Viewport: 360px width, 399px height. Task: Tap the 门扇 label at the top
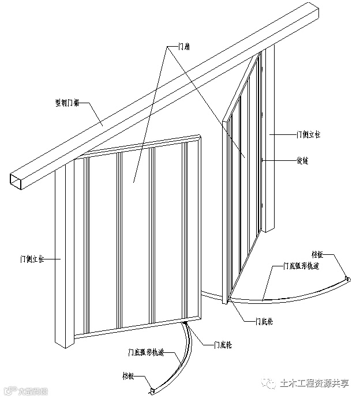[x=179, y=49]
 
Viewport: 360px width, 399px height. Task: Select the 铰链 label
[x=302, y=161]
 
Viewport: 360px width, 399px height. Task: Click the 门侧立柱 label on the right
[x=308, y=134]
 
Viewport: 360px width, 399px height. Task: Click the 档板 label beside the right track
[x=318, y=254]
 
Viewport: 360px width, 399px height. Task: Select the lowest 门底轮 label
[x=222, y=344]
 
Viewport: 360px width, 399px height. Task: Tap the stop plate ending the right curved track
[x=347, y=280]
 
